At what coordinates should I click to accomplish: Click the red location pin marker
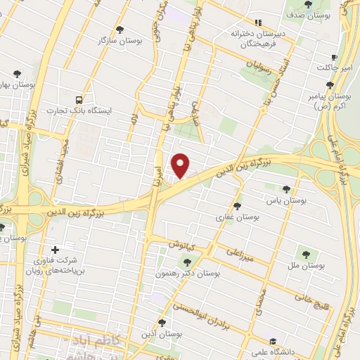tap(181, 165)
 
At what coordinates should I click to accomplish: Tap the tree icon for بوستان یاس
tap(285, 188)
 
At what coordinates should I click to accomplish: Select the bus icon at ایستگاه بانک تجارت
tap(78, 101)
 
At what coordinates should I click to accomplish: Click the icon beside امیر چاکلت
tap(335, 58)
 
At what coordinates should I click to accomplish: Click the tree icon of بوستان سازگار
tap(119, 30)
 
